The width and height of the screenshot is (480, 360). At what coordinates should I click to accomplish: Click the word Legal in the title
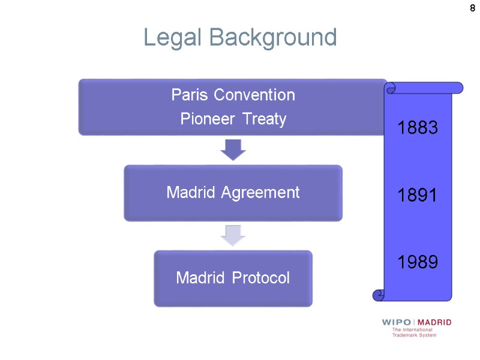[x=170, y=38]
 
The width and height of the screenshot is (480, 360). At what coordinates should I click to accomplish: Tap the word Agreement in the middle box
[x=266, y=193]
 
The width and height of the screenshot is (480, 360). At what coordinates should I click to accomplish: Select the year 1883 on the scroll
[x=418, y=128]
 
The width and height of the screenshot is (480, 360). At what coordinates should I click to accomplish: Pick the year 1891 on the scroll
[x=418, y=195]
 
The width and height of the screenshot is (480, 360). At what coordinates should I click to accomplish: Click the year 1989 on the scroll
[x=418, y=262]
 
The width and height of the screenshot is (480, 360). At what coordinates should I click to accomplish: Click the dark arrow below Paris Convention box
[x=233, y=150]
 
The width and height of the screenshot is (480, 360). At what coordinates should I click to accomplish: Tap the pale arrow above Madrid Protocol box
[x=233, y=236]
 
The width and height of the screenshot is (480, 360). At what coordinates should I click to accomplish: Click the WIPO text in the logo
[x=396, y=323]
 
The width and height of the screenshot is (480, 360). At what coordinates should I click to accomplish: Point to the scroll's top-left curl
[x=391, y=88]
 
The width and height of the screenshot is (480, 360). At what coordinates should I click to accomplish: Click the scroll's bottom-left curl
[x=378, y=295]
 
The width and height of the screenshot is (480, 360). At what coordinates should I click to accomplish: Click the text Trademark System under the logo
[x=415, y=335]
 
